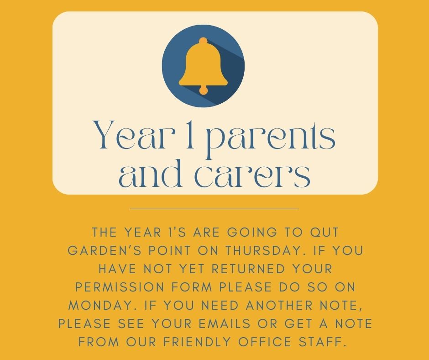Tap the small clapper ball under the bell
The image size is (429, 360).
coord(203,90)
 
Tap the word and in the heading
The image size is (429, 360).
coord(150,173)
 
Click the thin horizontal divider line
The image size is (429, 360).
coord(214,209)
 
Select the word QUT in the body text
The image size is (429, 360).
coord(324,233)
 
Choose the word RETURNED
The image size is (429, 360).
coord(248,269)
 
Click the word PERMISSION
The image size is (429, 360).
coord(120,287)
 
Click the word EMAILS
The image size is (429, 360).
coord(225,323)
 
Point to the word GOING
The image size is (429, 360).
coord(252,233)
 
